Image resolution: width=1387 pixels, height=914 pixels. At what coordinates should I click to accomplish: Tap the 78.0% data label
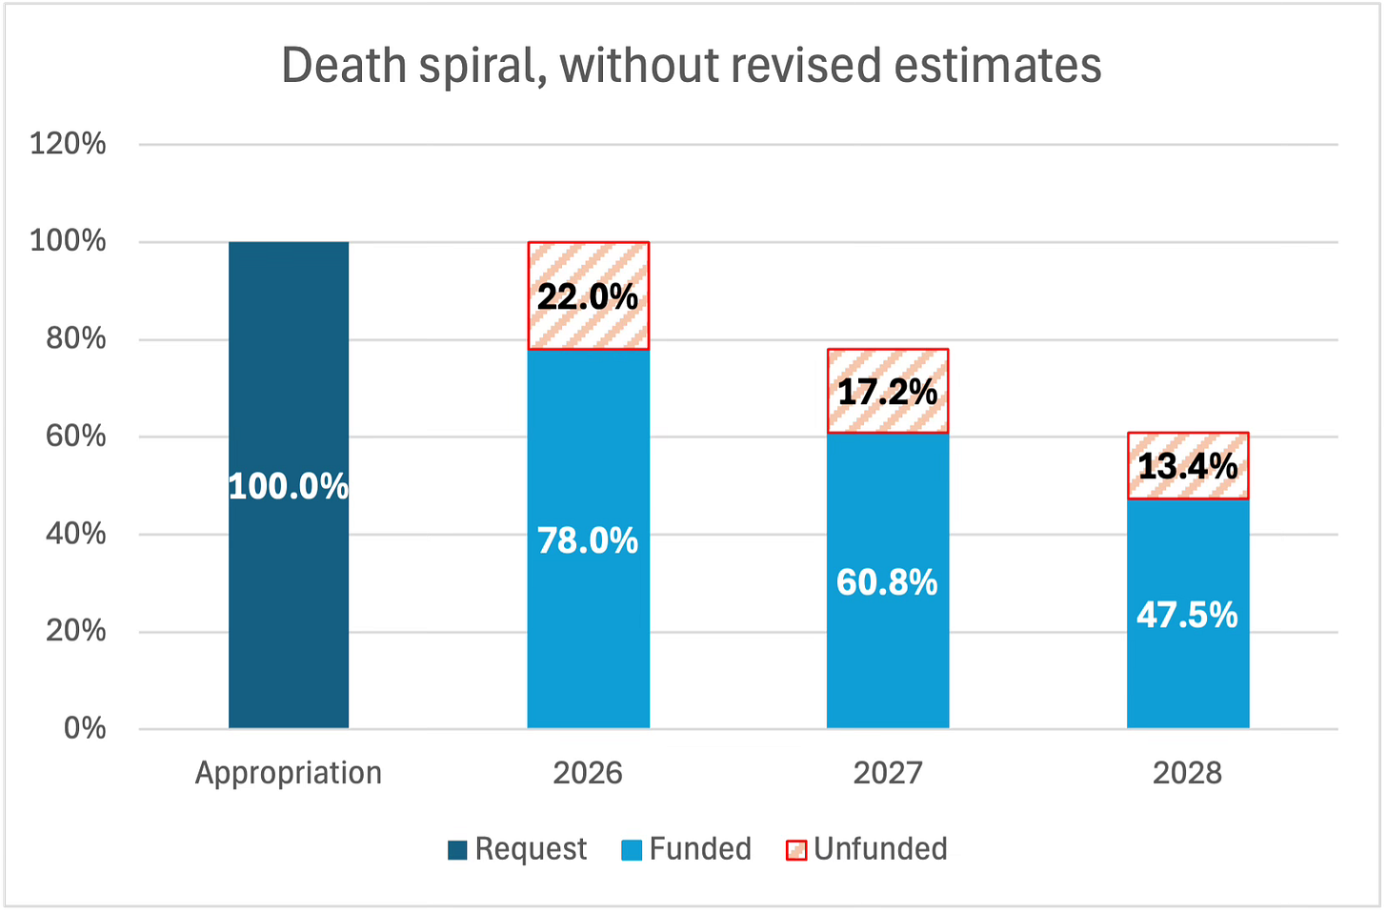click(588, 540)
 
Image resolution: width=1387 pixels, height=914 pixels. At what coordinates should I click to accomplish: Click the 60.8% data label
click(887, 581)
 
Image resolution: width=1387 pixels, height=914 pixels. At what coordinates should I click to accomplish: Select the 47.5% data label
click(1187, 615)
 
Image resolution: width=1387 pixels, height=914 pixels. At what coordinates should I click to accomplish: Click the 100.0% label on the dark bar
click(289, 487)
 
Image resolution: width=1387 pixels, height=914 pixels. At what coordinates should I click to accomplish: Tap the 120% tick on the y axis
click(69, 144)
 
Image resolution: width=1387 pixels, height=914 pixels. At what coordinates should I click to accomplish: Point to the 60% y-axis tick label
click(76, 436)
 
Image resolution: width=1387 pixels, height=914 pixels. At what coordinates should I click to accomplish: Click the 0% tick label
click(85, 728)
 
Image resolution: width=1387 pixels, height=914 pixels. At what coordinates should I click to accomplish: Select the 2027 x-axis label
click(887, 772)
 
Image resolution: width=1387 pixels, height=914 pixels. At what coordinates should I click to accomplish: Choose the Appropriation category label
click(289, 772)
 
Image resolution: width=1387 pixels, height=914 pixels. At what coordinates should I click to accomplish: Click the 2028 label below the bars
click(1187, 772)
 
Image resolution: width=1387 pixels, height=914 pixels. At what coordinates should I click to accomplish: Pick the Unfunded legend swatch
click(795, 850)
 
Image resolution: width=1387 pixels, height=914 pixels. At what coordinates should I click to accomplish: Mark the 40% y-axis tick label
click(76, 534)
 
